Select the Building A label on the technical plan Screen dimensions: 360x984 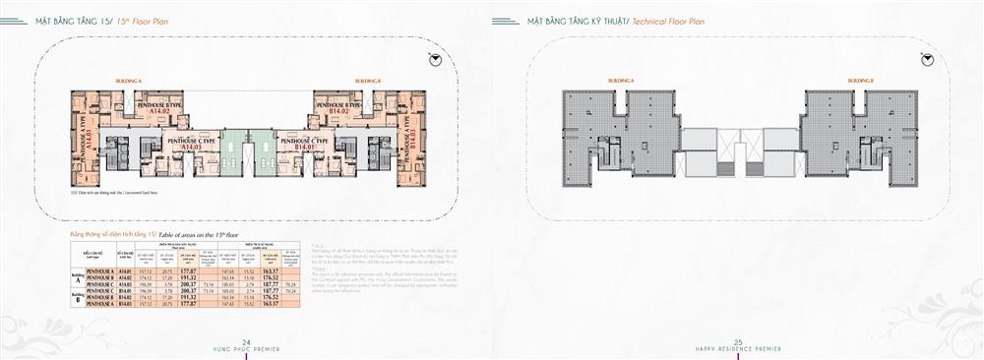620,79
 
